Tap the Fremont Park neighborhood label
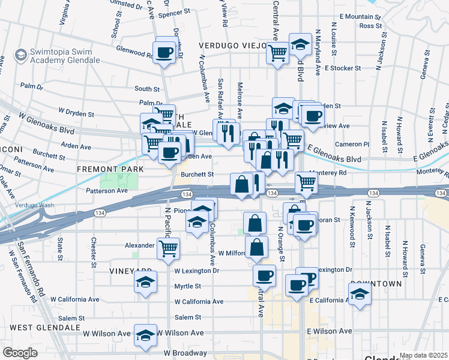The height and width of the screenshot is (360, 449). pyautogui.click(x=110, y=170)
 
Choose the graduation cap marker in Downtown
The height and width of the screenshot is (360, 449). pyautogui.click(x=360, y=295)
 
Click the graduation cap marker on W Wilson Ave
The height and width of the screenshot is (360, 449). pyautogui.click(x=145, y=337)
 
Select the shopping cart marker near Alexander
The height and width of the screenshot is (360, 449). pyautogui.click(x=168, y=247)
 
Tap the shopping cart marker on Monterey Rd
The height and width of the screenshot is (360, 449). pyautogui.click(x=306, y=182)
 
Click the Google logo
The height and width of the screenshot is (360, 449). pyautogui.click(x=20, y=353)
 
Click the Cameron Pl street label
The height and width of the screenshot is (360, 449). pyautogui.click(x=352, y=144)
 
